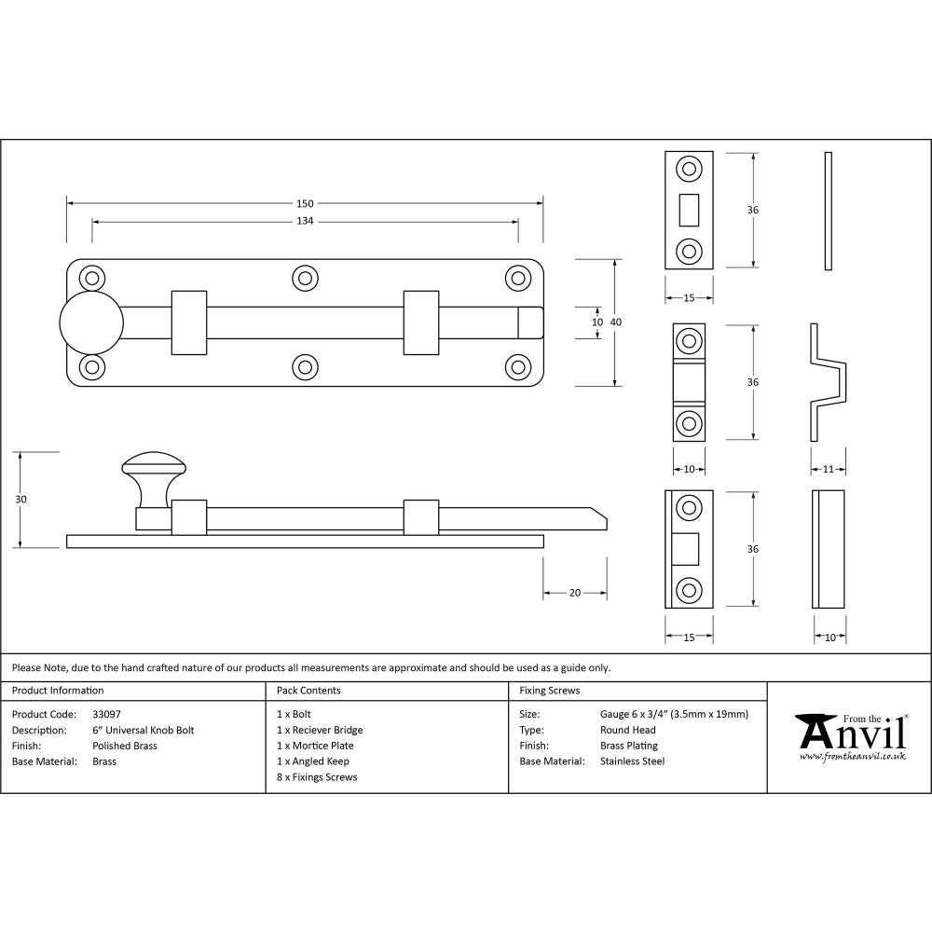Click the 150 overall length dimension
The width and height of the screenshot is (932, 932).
pyautogui.click(x=305, y=203)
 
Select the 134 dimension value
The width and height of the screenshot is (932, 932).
pyautogui.click(x=305, y=222)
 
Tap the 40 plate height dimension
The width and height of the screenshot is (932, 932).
pyautogui.click(x=616, y=322)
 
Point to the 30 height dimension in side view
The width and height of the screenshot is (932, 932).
pyautogui.click(x=21, y=500)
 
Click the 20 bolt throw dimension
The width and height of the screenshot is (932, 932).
pyautogui.click(x=575, y=593)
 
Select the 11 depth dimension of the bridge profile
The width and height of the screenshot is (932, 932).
pyautogui.click(x=828, y=469)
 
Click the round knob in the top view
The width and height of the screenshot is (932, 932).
pyautogui.click(x=91, y=322)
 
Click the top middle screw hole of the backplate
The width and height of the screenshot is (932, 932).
pyautogui.click(x=305, y=278)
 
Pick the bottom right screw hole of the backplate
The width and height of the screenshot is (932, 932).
pyautogui.click(x=517, y=366)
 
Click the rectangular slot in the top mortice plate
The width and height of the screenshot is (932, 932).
pyautogui.click(x=690, y=210)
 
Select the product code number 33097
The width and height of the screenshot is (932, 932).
pyautogui.click(x=106, y=714)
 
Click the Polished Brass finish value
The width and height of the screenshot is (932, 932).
pyautogui.click(x=125, y=746)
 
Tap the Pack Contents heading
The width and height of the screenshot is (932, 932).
pyautogui.click(x=308, y=691)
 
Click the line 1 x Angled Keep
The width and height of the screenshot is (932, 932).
pyautogui.click(x=313, y=761)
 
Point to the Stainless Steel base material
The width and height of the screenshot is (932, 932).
pyautogui.click(x=632, y=761)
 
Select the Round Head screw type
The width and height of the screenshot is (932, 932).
pyautogui.click(x=627, y=730)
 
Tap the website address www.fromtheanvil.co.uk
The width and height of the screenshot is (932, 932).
pyautogui.click(x=852, y=756)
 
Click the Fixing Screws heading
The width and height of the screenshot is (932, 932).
pyautogui.click(x=549, y=691)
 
